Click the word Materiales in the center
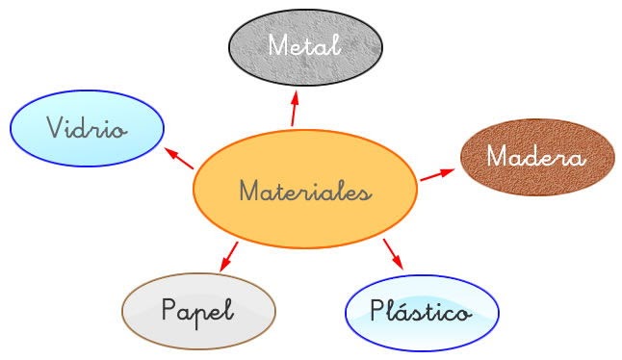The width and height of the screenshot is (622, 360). coord(304,192)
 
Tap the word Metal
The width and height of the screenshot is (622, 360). coord(304,45)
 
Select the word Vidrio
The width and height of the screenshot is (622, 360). coord(86,128)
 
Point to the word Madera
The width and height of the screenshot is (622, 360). coord(535,157)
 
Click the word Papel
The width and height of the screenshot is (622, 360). coord(198,311)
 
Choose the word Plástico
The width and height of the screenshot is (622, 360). coord(421,311)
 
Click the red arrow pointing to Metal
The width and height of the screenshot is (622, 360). coord(295,108)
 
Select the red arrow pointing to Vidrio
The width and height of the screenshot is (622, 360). coord(179,158)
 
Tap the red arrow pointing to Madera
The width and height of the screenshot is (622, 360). coord(437,174)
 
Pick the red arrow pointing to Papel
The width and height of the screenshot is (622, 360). coord(229,257)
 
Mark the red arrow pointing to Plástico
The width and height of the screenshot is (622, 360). coord(392,253)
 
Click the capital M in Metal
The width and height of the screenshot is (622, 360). coord(278,45)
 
